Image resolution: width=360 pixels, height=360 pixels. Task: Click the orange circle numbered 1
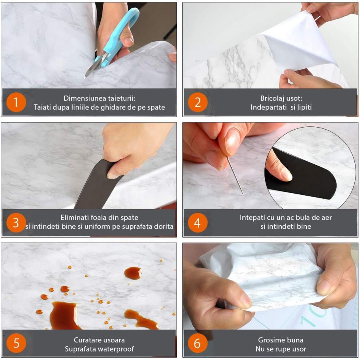click(16, 102)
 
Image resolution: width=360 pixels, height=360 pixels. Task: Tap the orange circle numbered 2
click(198, 102)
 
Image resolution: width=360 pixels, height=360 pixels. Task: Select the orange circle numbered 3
click(16, 222)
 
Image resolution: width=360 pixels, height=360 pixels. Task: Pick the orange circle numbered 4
click(198, 222)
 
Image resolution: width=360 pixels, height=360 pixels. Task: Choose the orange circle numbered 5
click(16, 343)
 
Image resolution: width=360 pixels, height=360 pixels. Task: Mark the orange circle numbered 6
click(198, 343)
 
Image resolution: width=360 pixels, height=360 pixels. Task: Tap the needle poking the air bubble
click(235, 176)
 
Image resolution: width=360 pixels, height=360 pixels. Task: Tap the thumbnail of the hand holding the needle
click(232, 140)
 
